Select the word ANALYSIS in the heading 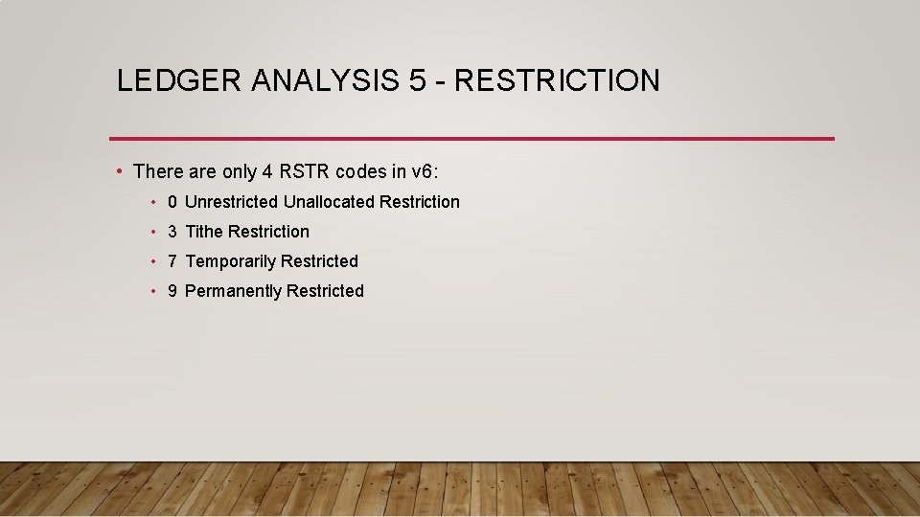326,80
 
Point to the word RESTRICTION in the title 557,80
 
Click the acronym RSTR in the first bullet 303,172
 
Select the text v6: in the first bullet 425,172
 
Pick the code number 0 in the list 172,202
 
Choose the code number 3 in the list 172,232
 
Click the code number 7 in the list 172,261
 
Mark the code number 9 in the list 172,291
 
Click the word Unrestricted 231,202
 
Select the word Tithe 204,232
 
